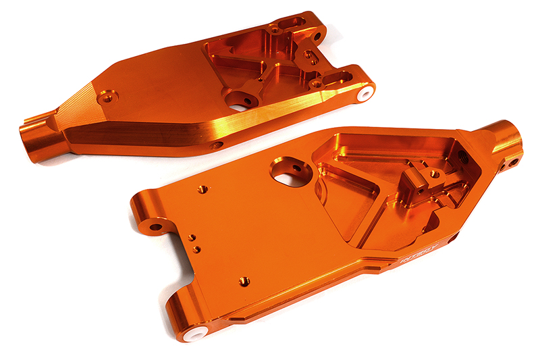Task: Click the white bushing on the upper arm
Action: coord(365,93)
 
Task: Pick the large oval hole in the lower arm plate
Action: coord(291,172)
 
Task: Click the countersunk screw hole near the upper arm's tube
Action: coord(106,98)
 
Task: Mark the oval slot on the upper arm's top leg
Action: coord(292,26)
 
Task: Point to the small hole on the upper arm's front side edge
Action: coord(217,145)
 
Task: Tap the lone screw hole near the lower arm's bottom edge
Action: coord(243,280)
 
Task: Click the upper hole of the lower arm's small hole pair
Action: coord(192,238)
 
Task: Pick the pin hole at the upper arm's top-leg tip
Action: coord(315,34)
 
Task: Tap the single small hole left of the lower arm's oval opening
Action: coord(201,189)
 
